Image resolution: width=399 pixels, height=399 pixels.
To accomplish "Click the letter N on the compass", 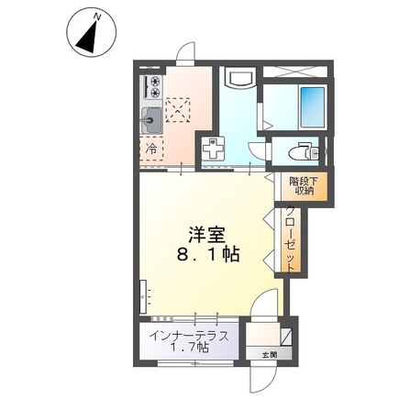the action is click(x=97, y=17).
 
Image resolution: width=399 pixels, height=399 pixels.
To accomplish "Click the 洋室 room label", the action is click(x=207, y=235).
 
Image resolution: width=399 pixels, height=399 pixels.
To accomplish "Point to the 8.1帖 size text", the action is click(x=208, y=254).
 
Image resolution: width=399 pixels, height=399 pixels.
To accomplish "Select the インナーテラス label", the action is click(x=189, y=337).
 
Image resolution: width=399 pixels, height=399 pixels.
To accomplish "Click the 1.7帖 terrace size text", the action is click(x=189, y=348).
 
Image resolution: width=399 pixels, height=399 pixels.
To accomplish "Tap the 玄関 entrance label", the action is click(x=270, y=355).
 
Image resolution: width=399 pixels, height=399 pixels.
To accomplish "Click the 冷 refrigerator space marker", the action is click(x=151, y=149).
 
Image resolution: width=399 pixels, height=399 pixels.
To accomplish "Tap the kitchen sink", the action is click(x=151, y=121).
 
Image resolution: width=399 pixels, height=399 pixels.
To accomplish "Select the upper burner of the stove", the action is click(x=155, y=82).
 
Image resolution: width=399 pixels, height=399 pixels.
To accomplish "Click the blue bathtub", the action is click(x=312, y=107).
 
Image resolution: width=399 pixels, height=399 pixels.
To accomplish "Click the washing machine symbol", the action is click(x=213, y=149).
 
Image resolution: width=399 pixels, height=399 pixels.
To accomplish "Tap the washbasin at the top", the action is click(x=240, y=78).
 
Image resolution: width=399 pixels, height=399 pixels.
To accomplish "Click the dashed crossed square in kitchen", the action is click(x=178, y=110).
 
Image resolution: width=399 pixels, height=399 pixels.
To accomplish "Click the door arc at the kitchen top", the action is click(x=185, y=52).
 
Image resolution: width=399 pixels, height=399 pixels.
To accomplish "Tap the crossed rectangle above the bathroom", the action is click(x=295, y=72).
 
